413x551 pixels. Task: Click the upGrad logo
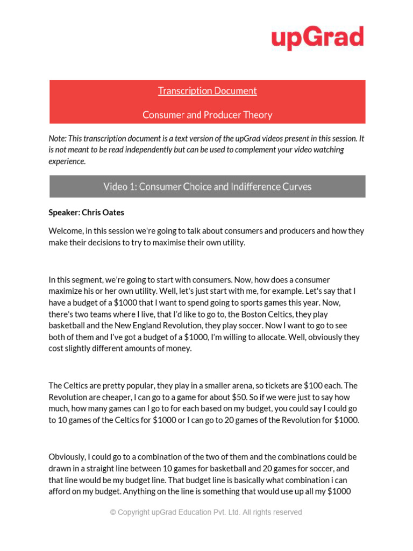point(317,38)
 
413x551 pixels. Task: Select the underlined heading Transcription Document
point(207,91)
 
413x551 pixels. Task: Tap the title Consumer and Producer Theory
point(207,115)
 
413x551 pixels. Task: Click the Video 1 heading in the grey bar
point(207,187)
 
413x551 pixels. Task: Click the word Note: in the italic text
point(58,138)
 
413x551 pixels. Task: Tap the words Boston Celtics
point(267,314)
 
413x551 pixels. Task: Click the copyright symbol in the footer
point(113,512)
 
